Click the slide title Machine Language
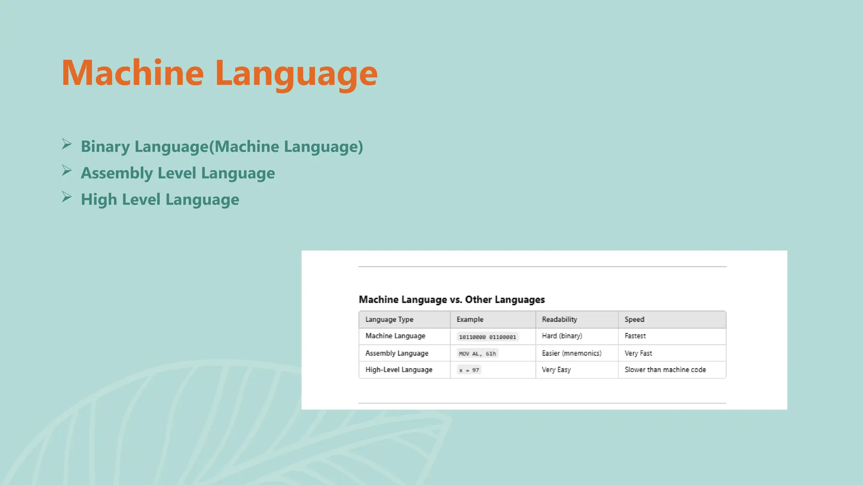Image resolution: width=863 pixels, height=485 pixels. pyautogui.click(x=219, y=73)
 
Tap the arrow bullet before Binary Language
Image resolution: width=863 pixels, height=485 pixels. pyautogui.click(x=67, y=144)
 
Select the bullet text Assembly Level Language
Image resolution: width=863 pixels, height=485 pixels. pyautogui.click(x=177, y=173)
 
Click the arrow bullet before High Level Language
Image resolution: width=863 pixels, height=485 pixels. pyautogui.click(x=67, y=197)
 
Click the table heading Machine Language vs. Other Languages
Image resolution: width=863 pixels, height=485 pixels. pyautogui.click(x=451, y=300)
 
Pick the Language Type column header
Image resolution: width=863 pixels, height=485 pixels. pyautogui.click(x=389, y=320)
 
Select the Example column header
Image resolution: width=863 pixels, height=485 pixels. pyautogui.click(x=470, y=320)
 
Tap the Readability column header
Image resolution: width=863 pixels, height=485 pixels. pyautogui.click(x=559, y=320)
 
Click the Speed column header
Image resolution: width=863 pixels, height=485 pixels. pyautogui.click(x=634, y=320)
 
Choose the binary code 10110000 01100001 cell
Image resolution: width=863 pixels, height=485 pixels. pyautogui.click(x=487, y=337)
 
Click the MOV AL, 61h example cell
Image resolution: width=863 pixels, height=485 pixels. pyautogui.click(x=477, y=354)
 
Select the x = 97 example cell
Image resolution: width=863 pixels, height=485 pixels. pyautogui.click(x=469, y=370)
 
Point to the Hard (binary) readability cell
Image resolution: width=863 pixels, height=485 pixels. pyautogui.click(x=562, y=336)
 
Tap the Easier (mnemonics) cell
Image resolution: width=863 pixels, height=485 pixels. pyautogui.click(x=571, y=353)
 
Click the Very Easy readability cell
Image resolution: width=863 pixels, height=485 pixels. pyautogui.click(x=556, y=370)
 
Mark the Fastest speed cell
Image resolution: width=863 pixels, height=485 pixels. pyautogui.click(x=635, y=336)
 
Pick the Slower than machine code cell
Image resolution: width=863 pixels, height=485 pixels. pyautogui.click(x=665, y=370)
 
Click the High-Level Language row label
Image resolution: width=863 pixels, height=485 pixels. pyautogui.click(x=399, y=370)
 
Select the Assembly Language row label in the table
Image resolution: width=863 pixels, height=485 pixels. pyautogui.click(x=397, y=353)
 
